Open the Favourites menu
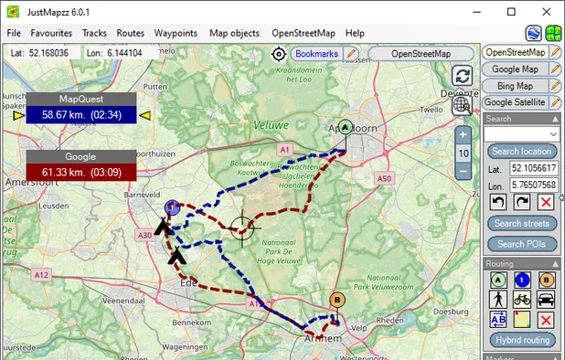51,33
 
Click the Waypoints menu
176,33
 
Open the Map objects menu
234,33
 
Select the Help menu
355,33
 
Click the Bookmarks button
315,54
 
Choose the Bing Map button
514,86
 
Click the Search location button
520,151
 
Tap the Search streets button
520,223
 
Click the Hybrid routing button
520,340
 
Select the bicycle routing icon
520,299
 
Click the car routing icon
545,299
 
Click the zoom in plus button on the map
464,135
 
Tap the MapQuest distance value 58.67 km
80,115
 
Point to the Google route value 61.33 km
80,172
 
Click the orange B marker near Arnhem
337,301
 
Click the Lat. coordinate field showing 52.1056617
533,169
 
